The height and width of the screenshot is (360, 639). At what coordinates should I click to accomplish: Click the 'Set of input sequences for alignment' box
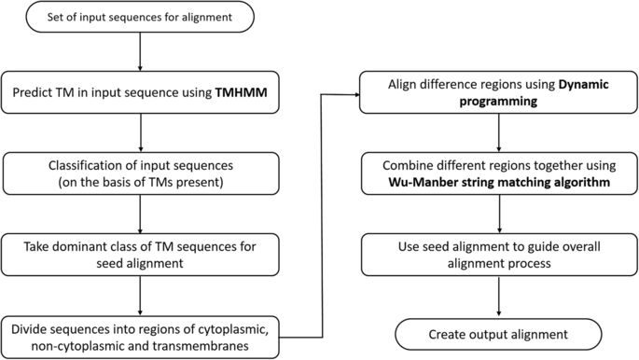pyautogui.click(x=138, y=17)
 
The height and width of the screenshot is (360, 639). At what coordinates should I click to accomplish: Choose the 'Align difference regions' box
pyautogui.click(x=502, y=94)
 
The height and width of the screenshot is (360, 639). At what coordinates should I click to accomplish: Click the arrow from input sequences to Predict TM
pyautogui.click(x=138, y=53)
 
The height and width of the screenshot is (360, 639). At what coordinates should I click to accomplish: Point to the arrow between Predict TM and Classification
pyautogui.click(x=138, y=132)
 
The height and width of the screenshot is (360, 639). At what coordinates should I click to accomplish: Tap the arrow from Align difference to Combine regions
pyautogui.click(x=502, y=132)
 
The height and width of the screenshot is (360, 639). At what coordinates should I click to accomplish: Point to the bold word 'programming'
pyautogui.click(x=502, y=103)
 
